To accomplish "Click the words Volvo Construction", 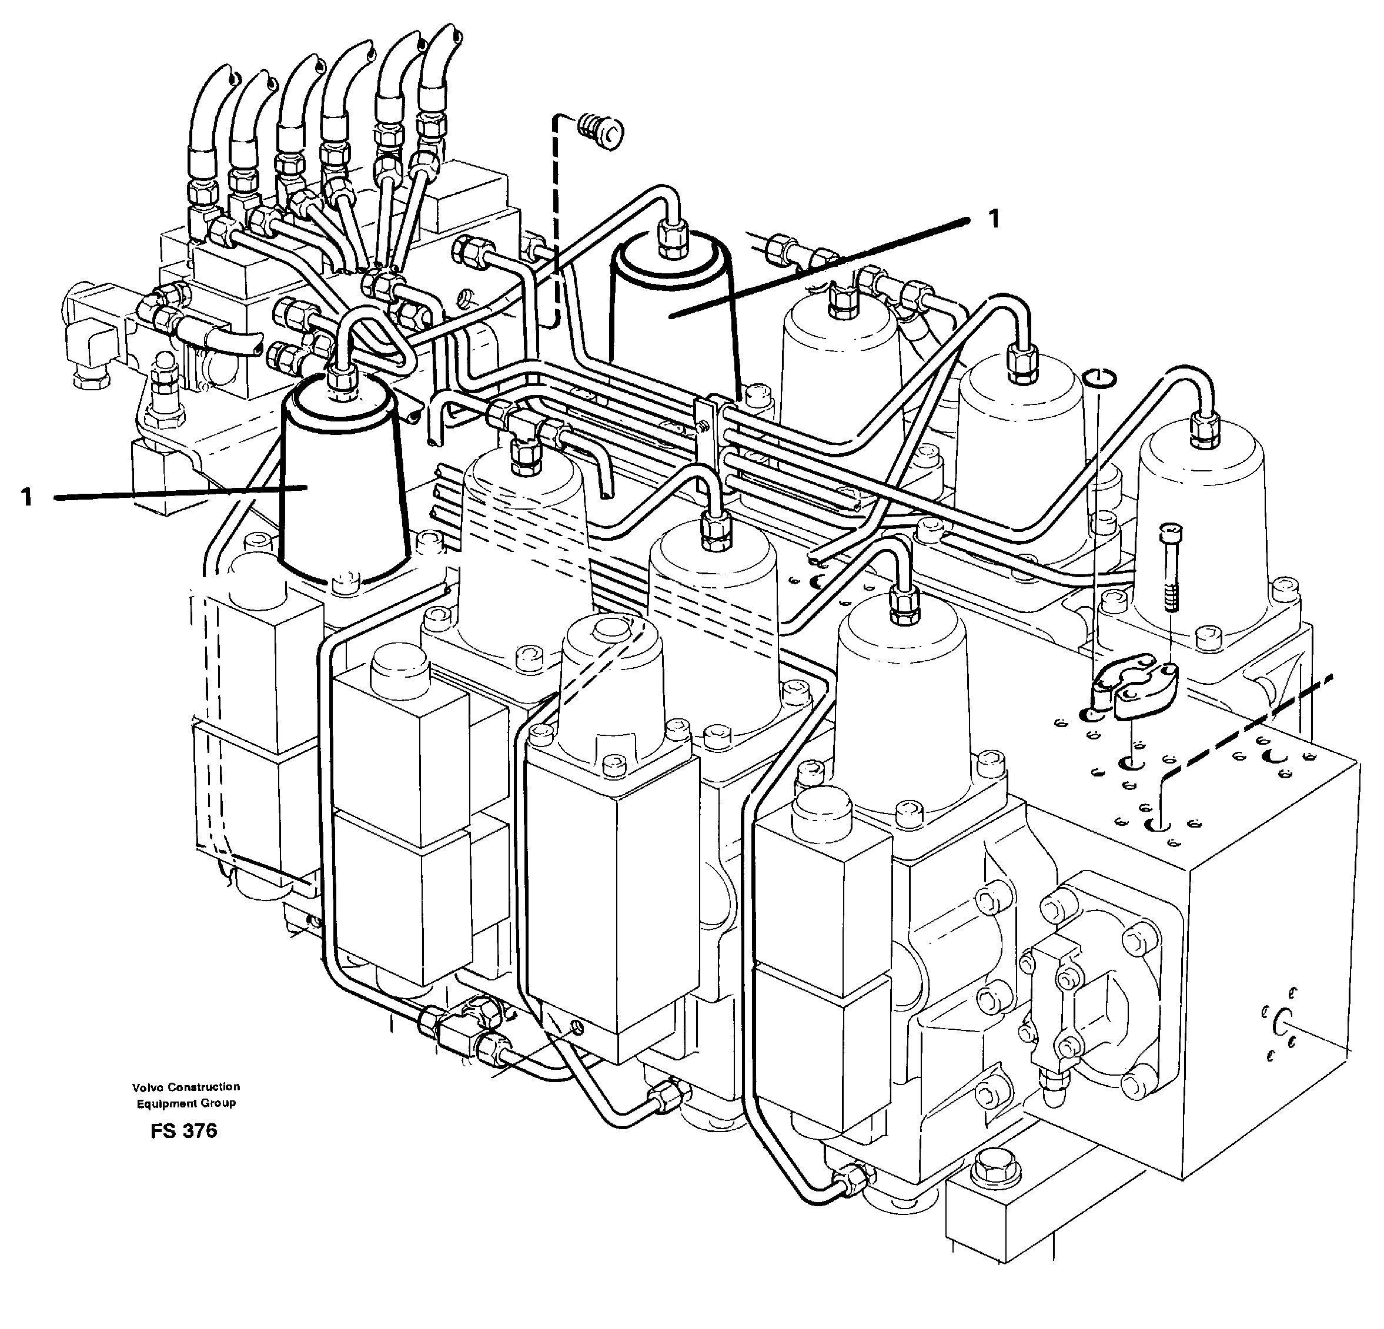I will click(x=186, y=1086).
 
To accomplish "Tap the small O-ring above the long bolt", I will click(x=1099, y=379).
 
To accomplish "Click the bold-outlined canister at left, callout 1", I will click(x=342, y=487).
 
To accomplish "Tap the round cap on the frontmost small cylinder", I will click(x=611, y=629).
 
